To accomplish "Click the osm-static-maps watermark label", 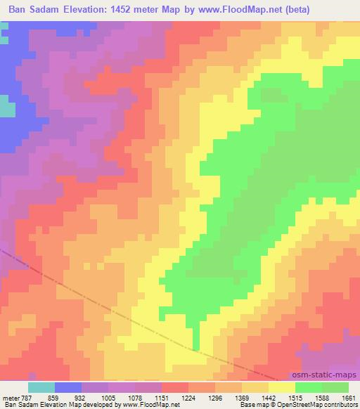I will [326, 376].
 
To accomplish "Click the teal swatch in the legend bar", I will [41, 387].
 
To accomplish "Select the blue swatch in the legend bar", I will [68, 387].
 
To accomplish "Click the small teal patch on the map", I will [6, 109].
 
